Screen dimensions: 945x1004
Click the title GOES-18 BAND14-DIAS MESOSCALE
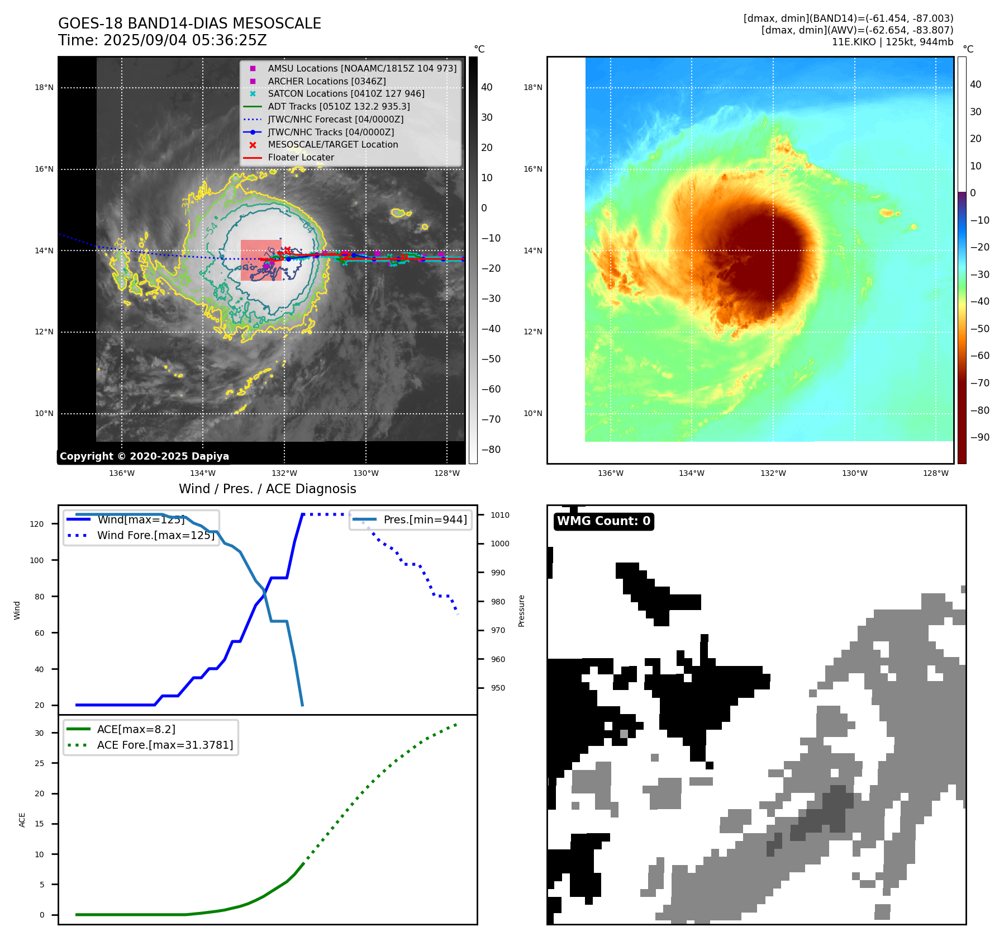click(x=189, y=23)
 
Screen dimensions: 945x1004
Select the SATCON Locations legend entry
click(x=346, y=93)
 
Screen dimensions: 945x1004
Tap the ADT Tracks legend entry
click(x=339, y=106)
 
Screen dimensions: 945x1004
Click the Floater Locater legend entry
click(x=301, y=157)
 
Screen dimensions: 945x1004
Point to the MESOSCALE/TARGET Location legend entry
click(x=332, y=144)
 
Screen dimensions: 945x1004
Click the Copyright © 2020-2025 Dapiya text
click(x=144, y=456)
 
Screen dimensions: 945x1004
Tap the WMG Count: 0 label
click(x=603, y=521)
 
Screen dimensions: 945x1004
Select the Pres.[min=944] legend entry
click(x=425, y=519)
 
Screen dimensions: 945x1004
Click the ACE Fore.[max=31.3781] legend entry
click(x=165, y=745)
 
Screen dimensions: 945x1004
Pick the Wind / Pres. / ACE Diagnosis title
click(x=267, y=489)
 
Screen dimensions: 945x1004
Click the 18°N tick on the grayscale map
click(x=44, y=87)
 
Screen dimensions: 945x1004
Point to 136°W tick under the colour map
click(x=610, y=473)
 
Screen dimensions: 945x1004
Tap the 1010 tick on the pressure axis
click(x=500, y=515)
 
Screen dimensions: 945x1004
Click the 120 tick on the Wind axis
click(x=37, y=524)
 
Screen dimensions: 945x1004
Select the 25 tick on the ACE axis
click(x=39, y=763)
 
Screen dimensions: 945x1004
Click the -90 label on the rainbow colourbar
click(x=979, y=437)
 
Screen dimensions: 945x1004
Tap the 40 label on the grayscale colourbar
click(x=487, y=87)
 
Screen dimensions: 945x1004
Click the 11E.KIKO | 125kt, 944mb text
click(x=892, y=42)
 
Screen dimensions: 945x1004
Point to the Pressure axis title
click(x=521, y=611)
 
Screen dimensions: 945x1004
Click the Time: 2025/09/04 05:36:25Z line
click(x=162, y=40)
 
